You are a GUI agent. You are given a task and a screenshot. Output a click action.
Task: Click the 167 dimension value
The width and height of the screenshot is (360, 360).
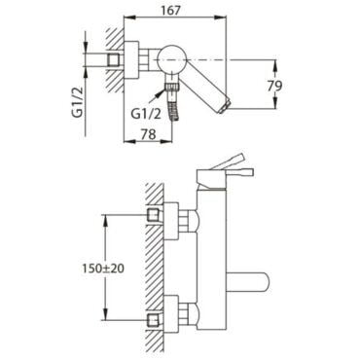coord(170,11)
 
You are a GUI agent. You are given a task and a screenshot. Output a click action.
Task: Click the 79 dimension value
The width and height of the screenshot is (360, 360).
coord(274,86)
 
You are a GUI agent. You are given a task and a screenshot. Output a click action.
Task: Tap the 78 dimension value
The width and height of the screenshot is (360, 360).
coord(148,134)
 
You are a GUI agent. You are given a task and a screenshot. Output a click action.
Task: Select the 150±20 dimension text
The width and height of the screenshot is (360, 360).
coord(103,269)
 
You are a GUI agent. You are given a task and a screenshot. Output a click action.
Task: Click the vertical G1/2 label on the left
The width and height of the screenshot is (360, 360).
coord(78,102)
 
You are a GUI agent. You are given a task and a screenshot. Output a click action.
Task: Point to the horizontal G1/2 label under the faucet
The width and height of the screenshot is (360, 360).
coord(146,114)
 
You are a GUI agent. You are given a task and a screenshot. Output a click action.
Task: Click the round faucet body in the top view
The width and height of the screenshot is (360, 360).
coord(171,59)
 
